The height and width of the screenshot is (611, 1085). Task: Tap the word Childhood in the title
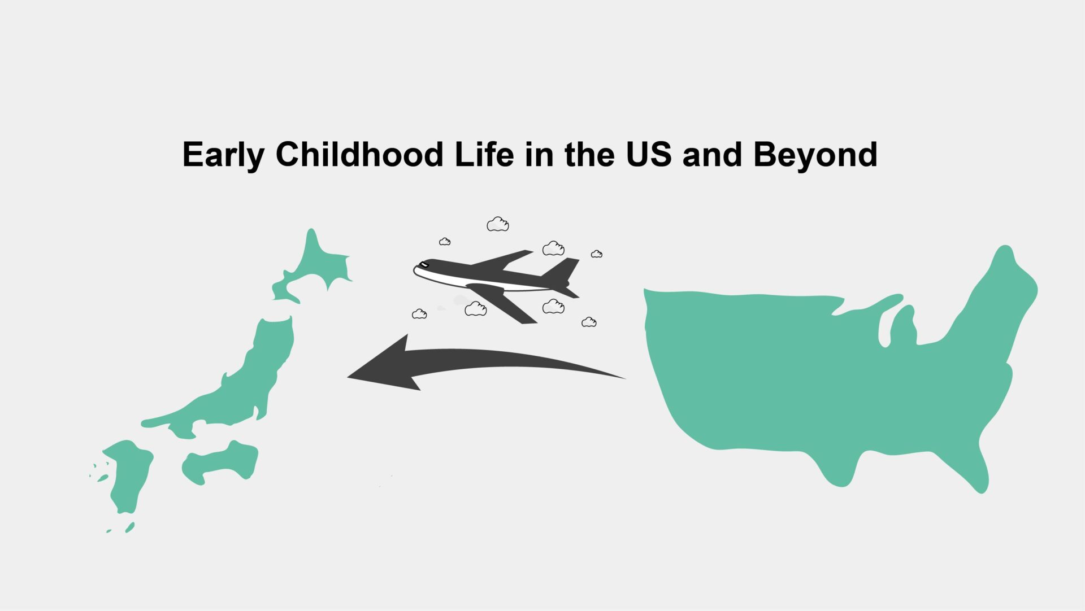[x=359, y=154]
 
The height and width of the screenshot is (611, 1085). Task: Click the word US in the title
[x=649, y=154]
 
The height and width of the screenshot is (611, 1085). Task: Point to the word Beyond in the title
[x=815, y=154]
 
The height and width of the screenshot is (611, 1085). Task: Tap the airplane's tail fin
[x=563, y=269]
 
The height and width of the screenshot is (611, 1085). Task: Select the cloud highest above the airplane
[x=497, y=224]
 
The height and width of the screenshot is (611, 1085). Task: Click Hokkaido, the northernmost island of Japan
[x=316, y=265]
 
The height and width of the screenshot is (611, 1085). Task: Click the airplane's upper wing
[x=503, y=259]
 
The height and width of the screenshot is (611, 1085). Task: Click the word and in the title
[x=711, y=154]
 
